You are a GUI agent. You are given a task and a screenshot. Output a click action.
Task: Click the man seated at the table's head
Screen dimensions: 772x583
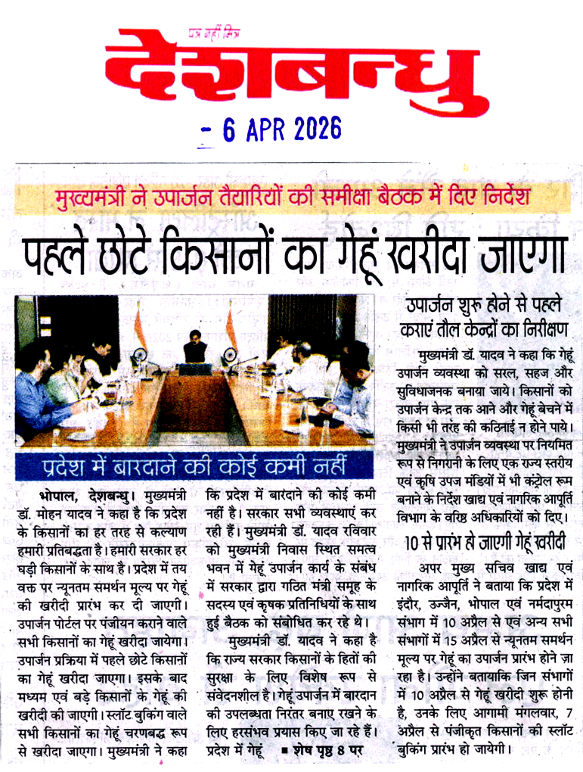coord(194,348)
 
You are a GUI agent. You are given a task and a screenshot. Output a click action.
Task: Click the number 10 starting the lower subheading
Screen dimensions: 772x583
coord(408,543)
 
